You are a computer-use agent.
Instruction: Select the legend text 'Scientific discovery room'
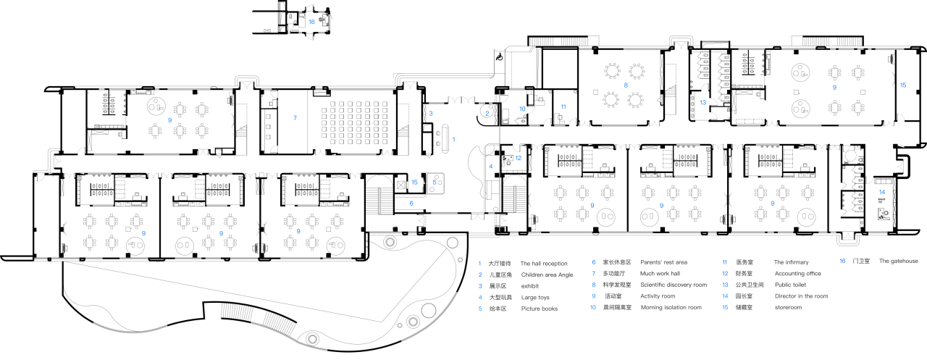tap(673, 285)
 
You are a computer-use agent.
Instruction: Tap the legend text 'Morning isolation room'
tap(671, 307)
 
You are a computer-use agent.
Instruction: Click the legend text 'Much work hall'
tap(660, 275)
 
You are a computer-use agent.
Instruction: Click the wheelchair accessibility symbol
tap(499, 55)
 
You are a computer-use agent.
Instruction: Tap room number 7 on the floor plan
tap(295, 117)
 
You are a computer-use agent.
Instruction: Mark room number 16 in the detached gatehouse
tap(311, 22)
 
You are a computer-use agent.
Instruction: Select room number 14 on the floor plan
tap(881, 192)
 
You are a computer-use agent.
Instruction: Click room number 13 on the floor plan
tap(702, 102)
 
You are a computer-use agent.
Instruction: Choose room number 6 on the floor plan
tap(411, 204)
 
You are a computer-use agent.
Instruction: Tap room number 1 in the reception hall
tap(454, 138)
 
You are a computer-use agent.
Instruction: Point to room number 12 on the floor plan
tap(518, 158)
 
